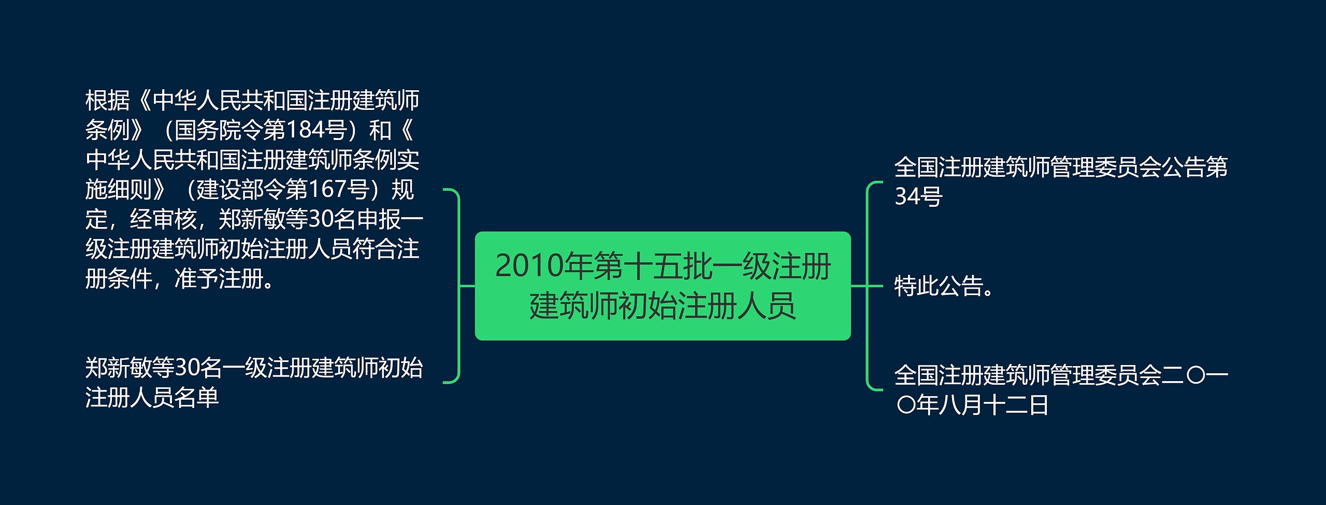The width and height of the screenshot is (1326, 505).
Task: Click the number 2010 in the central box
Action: coord(529,266)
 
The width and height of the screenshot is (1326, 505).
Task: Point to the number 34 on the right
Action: coord(907,197)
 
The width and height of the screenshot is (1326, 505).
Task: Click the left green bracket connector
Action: coord(458,286)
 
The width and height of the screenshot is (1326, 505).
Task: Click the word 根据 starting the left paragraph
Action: coord(107,100)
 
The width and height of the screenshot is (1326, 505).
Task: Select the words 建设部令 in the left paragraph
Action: coord(240,189)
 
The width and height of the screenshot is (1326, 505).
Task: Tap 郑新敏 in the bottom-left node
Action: coord(119,368)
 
